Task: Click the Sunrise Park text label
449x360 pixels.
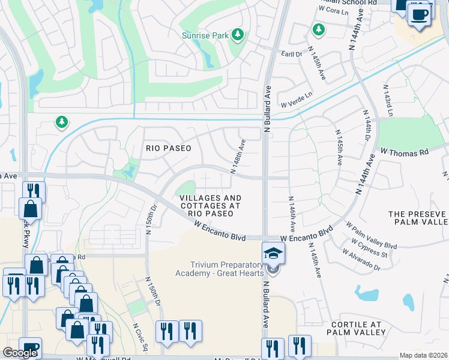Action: pyautogui.click(x=205, y=35)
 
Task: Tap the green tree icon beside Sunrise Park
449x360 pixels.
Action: pyautogui.click(x=238, y=35)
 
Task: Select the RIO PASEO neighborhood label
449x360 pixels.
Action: pyautogui.click(x=168, y=148)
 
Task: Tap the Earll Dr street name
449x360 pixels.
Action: pyautogui.click(x=291, y=54)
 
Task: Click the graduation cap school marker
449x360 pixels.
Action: pyautogui.click(x=273, y=253)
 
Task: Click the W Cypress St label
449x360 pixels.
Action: pyautogui.click(x=367, y=250)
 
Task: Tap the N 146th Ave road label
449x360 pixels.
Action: pyautogui.click(x=292, y=214)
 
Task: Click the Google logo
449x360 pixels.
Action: pyautogui.click(x=20, y=353)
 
